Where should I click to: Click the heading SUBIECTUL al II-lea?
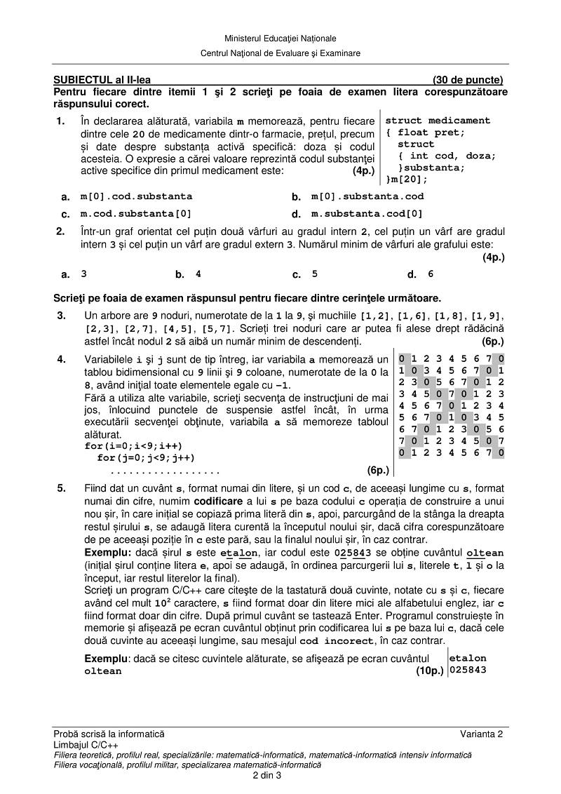point(102,80)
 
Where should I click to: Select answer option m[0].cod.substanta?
point(136,197)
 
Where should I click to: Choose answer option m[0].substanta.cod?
point(367,197)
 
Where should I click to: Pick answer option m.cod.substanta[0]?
point(136,214)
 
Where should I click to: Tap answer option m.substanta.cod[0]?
point(367,214)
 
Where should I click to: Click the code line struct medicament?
point(438,121)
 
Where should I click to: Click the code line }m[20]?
point(406,180)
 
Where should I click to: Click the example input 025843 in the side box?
point(468,670)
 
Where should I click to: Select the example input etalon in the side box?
point(468,659)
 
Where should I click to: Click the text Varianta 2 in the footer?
point(482,734)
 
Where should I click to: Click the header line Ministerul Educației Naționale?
point(280,38)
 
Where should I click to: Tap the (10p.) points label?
point(430,671)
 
